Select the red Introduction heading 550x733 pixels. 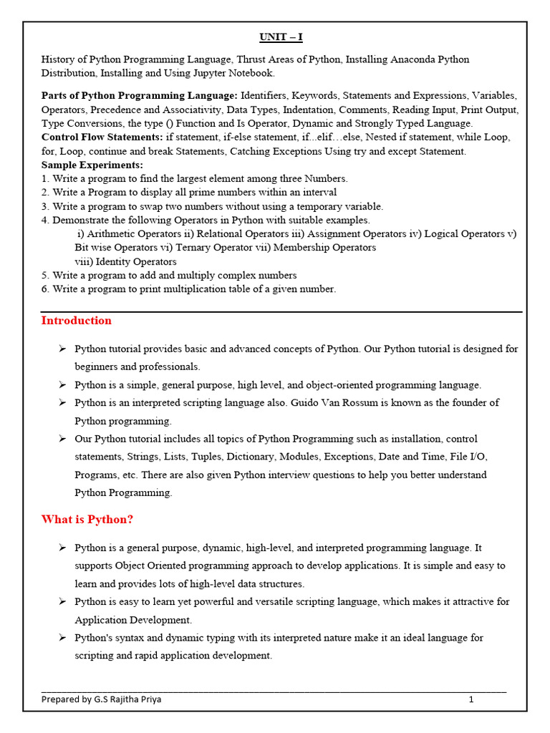tap(77, 321)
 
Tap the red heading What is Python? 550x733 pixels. tap(87, 519)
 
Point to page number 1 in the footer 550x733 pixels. tap(471, 699)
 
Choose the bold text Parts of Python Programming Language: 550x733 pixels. tap(140, 95)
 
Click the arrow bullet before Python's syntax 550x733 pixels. tap(62, 637)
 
